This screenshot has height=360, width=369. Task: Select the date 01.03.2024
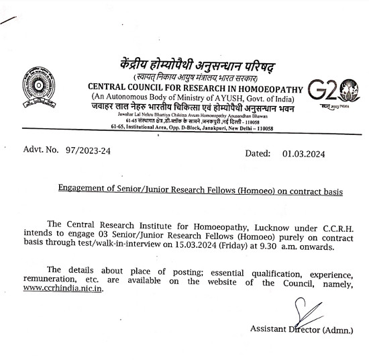[x=303, y=154]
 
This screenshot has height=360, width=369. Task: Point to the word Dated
[x=258, y=154]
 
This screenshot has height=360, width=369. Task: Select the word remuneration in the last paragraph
[x=48, y=277]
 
